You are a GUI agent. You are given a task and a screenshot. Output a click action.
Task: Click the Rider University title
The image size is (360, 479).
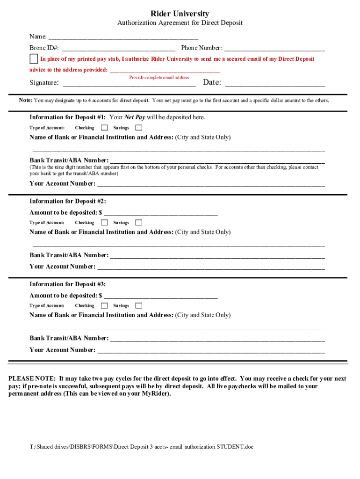click(180, 14)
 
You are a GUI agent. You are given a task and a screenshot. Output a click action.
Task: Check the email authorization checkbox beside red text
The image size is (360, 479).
click(34, 59)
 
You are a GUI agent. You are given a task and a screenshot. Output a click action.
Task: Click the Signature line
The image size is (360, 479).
click(129, 85)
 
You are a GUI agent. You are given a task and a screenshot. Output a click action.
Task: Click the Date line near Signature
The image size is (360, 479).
click(275, 85)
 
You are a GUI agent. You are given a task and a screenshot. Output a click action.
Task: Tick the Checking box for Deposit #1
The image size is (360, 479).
click(104, 128)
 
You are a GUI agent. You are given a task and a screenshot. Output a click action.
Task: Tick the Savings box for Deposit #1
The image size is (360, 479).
click(139, 128)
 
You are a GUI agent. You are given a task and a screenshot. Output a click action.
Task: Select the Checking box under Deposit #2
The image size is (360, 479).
click(104, 223)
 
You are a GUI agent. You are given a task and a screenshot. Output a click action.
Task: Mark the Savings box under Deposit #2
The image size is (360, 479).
click(139, 223)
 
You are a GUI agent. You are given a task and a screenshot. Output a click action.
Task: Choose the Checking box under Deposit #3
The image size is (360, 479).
click(104, 305)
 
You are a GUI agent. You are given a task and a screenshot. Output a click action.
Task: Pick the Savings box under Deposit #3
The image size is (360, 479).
click(139, 305)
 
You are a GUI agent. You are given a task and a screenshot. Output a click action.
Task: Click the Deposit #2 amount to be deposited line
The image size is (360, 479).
click(161, 214)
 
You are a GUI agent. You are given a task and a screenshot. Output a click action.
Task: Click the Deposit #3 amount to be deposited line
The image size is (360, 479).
click(161, 297)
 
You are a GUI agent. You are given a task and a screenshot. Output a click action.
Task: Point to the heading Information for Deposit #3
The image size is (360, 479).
click(68, 284)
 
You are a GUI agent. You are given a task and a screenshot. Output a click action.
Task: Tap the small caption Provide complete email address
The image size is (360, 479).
click(159, 77)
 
